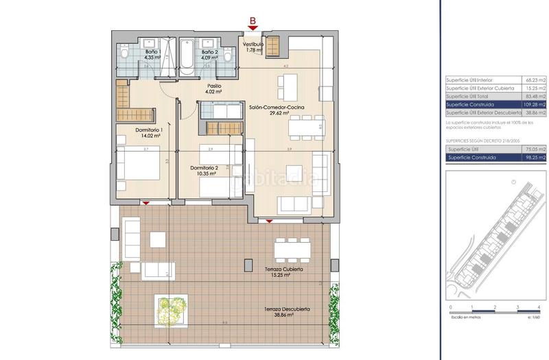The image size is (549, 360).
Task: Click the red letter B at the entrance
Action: [x=253, y=21]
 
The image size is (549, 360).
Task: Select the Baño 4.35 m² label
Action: [x=151, y=55]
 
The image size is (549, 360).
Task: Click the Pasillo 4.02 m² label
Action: [x=215, y=88]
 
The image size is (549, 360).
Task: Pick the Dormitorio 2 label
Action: [x=203, y=171]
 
